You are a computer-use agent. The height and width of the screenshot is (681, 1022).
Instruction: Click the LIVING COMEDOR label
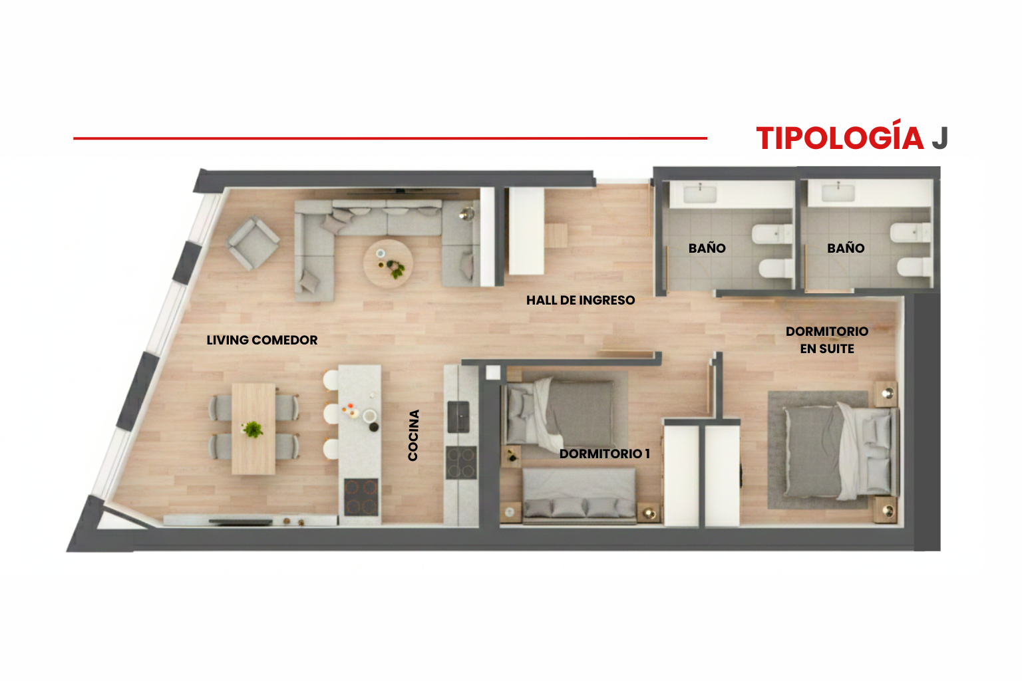[262, 340]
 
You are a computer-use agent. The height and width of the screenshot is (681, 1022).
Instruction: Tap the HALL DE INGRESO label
[580, 300]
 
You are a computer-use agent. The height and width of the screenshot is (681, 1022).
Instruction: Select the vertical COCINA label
[413, 435]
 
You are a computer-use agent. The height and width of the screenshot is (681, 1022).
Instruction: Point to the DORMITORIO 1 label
[605, 454]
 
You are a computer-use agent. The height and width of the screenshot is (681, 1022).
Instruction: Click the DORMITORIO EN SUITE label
[827, 340]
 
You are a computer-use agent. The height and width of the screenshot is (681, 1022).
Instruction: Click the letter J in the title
[940, 138]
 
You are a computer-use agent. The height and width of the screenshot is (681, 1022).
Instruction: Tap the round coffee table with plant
[389, 263]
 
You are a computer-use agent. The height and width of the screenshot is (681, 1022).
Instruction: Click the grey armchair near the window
[252, 243]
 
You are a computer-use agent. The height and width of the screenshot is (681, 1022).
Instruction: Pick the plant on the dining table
[252, 429]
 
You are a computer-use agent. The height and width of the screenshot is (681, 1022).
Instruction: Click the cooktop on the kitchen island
[361, 497]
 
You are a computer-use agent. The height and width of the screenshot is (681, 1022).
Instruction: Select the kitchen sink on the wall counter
[458, 417]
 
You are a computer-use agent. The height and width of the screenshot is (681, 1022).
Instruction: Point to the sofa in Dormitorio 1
[579, 496]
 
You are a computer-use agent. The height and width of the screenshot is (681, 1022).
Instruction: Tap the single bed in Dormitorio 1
[558, 413]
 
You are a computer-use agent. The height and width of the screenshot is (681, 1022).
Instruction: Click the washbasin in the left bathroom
[699, 194]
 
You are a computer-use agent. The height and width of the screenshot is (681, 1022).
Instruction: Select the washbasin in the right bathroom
[838, 192]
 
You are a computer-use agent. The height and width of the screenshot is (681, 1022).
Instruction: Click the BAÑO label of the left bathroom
[707, 248]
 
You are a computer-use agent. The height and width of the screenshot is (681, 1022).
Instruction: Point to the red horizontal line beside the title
[390, 138]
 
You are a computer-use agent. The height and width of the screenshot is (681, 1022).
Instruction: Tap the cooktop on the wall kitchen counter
[461, 462]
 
